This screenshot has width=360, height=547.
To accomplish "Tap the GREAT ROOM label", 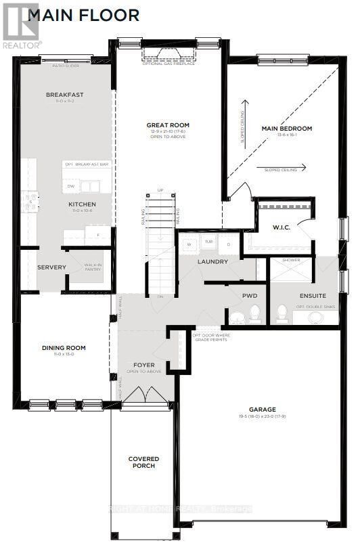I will click(168, 125).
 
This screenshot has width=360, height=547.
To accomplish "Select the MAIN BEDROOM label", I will click(287, 129).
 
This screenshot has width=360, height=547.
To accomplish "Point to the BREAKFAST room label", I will click(65, 95).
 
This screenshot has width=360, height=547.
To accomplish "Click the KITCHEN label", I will click(82, 204).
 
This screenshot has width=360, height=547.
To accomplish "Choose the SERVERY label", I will click(51, 267).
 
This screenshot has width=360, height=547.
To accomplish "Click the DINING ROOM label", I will click(64, 348).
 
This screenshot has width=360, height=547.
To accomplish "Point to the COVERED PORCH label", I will click(143, 462).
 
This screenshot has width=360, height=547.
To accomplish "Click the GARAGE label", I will click(262, 409).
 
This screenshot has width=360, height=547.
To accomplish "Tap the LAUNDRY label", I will click(212, 261).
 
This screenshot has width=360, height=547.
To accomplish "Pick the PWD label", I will click(250, 296).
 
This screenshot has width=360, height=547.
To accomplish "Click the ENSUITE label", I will click(313, 296).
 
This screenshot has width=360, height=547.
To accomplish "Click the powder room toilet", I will click(255, 313).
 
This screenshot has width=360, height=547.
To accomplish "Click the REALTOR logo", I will click(21, 26).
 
